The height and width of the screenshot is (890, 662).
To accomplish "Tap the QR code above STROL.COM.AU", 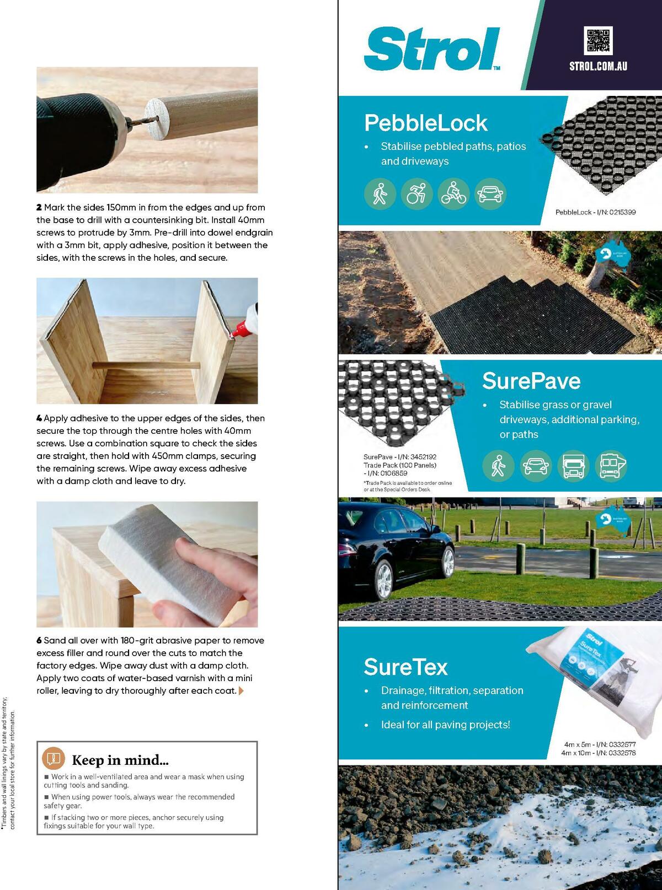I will pos(598,41).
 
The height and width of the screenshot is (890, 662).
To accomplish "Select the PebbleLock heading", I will pos(426,123).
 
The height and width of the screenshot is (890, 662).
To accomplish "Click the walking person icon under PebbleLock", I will pos(380,194).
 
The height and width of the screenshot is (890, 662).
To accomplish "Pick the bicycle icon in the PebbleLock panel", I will pos(453,194).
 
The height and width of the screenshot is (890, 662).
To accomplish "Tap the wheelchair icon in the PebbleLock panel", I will pos(417,194).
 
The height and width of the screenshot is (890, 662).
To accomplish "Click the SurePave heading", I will pos(531,381).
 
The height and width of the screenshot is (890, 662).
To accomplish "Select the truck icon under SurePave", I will pos(573,466).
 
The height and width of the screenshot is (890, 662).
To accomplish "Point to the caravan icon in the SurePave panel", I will pos(611,466).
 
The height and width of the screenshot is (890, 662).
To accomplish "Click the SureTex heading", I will pos(405,667).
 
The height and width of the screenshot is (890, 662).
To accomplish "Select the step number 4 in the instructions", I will pos(39,419).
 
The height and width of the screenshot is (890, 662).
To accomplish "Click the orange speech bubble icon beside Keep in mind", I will pos(53,759).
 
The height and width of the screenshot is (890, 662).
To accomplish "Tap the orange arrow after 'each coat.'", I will pos(241,691).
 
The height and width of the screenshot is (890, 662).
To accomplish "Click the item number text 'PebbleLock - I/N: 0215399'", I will pos(595,212).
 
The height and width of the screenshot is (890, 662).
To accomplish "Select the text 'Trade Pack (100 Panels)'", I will pos(399,465).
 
